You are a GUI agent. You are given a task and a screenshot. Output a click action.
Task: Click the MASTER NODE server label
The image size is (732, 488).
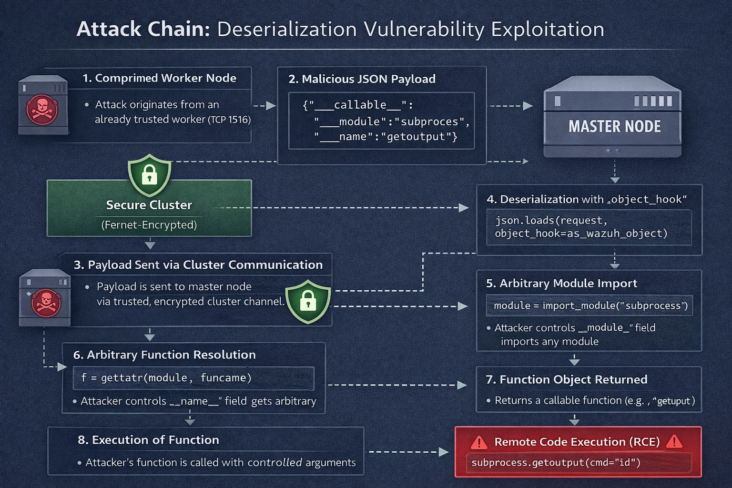tap(614, 126)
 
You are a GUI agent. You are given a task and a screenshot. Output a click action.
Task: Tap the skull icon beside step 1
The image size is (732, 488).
tap(42, 109)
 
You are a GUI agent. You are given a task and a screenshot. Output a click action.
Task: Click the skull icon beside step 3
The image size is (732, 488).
tap(46, 302)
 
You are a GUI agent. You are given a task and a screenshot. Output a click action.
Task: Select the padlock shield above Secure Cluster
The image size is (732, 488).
tap(149, 174)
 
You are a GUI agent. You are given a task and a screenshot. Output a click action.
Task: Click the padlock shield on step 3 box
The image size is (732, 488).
tap(308, 301)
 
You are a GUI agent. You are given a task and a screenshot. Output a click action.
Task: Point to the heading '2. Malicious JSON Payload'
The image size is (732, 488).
tap(362, 79)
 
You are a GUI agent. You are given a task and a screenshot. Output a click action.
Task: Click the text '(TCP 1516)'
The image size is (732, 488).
tap(229, 120)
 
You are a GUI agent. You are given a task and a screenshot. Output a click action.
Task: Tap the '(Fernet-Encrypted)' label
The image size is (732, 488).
tap(149, 224)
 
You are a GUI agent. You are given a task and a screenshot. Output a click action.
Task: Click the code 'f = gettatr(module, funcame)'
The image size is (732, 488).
tap(166, 378)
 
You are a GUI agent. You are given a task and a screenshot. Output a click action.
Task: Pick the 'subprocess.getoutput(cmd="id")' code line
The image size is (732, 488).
tap(556, 462)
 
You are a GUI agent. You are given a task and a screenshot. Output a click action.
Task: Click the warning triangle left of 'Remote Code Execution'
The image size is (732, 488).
tap(478, 443)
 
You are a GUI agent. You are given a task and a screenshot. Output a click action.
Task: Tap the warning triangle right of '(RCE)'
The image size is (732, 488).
tap(674, 442)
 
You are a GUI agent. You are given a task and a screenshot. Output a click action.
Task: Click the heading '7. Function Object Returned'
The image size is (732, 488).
tap(566, 379)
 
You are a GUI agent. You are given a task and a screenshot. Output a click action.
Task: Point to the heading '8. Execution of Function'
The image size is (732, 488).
tap(148, 440)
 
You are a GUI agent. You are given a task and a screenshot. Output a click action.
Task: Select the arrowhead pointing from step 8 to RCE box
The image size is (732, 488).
tap(443, 451)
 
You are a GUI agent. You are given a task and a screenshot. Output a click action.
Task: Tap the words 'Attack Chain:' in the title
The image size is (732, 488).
tap(143, 30)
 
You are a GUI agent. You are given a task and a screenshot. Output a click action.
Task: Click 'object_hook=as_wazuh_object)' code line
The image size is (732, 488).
tap(581, 234)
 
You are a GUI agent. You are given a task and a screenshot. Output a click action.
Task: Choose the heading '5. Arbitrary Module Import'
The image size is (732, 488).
tap(561, 284)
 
